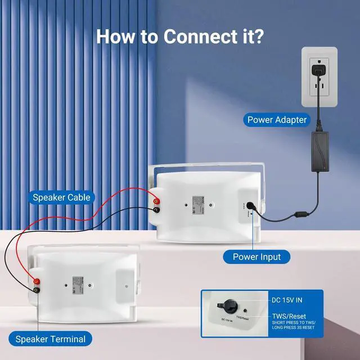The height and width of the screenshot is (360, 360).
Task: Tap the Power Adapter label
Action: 277,119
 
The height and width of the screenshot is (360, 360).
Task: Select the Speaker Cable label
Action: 61,197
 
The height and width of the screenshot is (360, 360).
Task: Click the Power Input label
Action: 257,257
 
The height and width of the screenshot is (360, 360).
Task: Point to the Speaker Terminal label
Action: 51,339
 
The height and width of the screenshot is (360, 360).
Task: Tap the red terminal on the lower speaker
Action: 37,281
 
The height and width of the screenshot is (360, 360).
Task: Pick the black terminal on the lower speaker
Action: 37,290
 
